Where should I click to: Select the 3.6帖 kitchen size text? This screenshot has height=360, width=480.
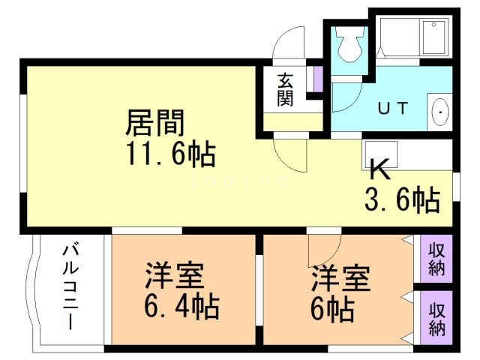pos(402,199)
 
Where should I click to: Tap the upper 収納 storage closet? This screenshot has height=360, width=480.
pos(436,256)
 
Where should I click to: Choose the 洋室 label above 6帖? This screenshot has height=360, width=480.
pos(340,280)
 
